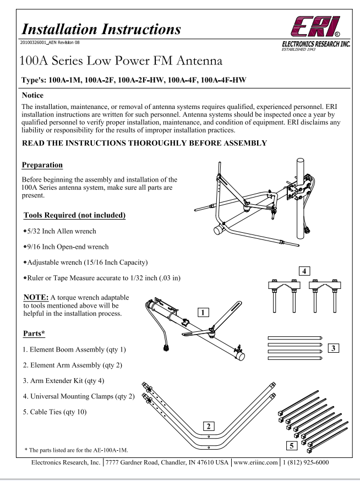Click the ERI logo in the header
322,25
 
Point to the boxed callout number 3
334,347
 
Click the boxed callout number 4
302,271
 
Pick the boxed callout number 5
293,445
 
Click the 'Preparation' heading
42,165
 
